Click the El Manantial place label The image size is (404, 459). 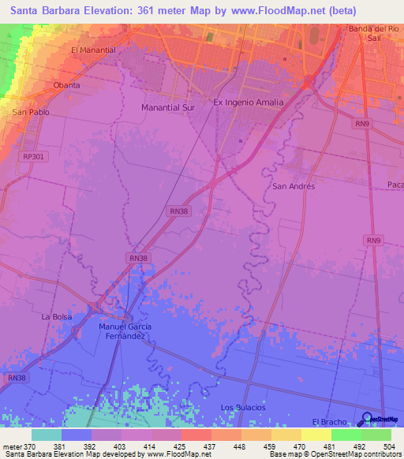click(93, 50)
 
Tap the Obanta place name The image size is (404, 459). click(66, 85)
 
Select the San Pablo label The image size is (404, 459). click(28, 113)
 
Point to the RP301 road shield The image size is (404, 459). click(34, 157)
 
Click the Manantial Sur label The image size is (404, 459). click(167, 106)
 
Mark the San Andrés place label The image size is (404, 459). click(293, 187)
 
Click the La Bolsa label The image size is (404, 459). click(57, 316)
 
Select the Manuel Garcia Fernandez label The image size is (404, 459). click(125, 331)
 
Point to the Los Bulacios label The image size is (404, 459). click(243, 407)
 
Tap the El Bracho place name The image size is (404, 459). click(330, 422)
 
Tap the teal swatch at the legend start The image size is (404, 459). click(46, 435)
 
